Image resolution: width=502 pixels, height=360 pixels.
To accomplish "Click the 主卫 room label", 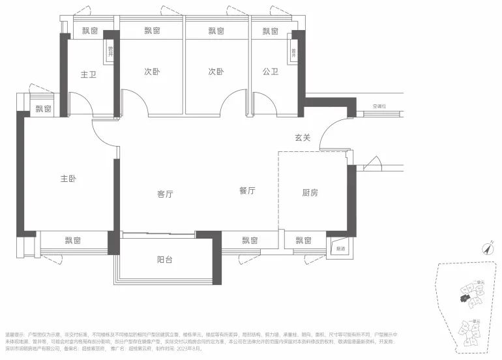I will coord(88,74).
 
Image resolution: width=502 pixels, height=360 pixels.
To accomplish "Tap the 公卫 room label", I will coord(271,72).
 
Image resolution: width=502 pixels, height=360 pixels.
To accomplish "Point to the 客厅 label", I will coord(166,194).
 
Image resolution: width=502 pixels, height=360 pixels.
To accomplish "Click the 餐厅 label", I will coord(246,191).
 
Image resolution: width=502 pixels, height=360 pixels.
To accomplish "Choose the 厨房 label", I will coord(310,193).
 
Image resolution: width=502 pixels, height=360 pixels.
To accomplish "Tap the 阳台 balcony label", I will coord(165,260).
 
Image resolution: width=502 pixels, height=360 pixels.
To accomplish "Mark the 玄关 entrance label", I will coord(302,138).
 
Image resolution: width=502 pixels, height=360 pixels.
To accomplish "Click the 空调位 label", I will coord(379,106).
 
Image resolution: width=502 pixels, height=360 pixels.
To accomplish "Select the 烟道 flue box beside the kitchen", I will coord(340,248).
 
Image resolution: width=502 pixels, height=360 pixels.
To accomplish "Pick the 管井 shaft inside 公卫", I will coord(295,52).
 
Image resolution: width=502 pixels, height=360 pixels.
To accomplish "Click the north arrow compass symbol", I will coord(486,248).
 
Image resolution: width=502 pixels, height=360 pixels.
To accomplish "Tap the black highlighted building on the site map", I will coord(464,298).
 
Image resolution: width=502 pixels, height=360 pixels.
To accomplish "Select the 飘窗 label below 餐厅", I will coord(250,241).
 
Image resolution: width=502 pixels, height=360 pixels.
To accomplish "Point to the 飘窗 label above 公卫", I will coord(271,31).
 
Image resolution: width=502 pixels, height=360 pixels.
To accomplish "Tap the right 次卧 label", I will coord(216,72).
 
